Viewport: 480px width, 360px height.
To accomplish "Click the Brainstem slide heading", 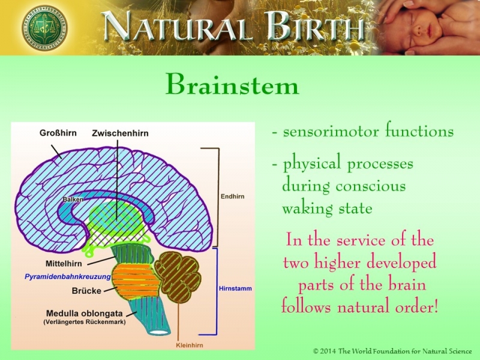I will [232, 85].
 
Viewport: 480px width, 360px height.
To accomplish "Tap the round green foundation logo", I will [44, 27].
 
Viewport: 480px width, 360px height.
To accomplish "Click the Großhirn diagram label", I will [58, 133].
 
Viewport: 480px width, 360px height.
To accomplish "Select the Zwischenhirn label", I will [120, 133].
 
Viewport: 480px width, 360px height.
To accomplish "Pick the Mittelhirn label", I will [64, 263].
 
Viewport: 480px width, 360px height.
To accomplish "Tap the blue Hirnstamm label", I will [235, 289].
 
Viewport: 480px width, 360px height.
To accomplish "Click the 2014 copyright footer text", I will [392, 350].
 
